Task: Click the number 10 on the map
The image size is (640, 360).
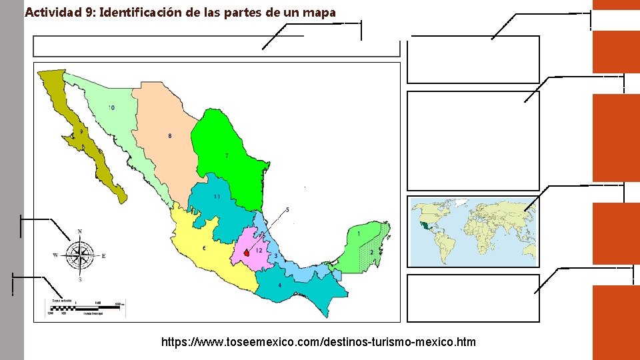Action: click(111, 107)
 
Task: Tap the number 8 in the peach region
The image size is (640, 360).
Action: click(169, 136)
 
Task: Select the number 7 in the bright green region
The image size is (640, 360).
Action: click(227, 155)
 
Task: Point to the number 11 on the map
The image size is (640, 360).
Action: click(217, 197)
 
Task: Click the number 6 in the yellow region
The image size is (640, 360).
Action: click(204, 248)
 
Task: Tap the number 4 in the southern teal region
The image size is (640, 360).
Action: click(280, 285)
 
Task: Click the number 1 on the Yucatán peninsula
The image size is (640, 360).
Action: click(359, 234)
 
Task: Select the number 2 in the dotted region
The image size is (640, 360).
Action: click(371, 253)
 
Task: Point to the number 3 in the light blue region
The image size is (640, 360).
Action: click(276, 256)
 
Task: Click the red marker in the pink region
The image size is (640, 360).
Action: click(247, 253)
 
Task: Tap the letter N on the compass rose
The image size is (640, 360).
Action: click(81, 231)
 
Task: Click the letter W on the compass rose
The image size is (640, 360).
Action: click(56, 255)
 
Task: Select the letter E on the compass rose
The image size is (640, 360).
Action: click(103, 255)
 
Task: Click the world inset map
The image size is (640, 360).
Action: click(473, 231)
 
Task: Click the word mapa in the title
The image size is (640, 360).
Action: click(319, 12)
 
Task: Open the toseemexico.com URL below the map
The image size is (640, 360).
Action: click(319, 342)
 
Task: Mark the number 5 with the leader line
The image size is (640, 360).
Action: click(287, 210)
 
